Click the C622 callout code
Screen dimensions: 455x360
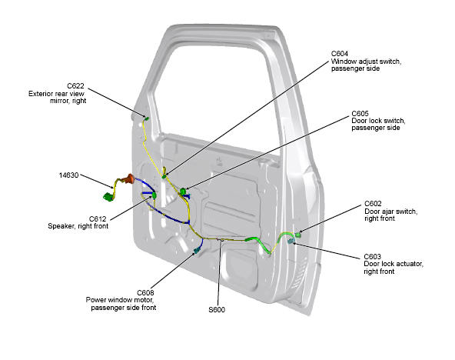pos(75,86)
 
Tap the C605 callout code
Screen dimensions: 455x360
pos(360,114)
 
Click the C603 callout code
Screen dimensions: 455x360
pos(372,257)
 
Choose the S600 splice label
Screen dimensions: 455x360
pos(217,310)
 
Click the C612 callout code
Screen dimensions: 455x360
pos(98,219)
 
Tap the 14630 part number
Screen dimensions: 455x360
pos(68,175)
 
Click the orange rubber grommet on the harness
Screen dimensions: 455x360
pos(128,178)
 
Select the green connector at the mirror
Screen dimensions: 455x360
pos(147,118)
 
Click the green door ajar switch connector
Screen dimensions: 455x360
pos(297,235)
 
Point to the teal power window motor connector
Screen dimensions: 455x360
pos(198,250)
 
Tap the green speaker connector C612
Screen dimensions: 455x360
pos(154,195)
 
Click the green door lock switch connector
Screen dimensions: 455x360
pos(183,192)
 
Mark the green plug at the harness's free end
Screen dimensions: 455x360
pos(108,197)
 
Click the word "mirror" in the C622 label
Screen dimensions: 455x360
pos(60,101)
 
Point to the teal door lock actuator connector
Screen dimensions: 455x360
pos(291,241)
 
